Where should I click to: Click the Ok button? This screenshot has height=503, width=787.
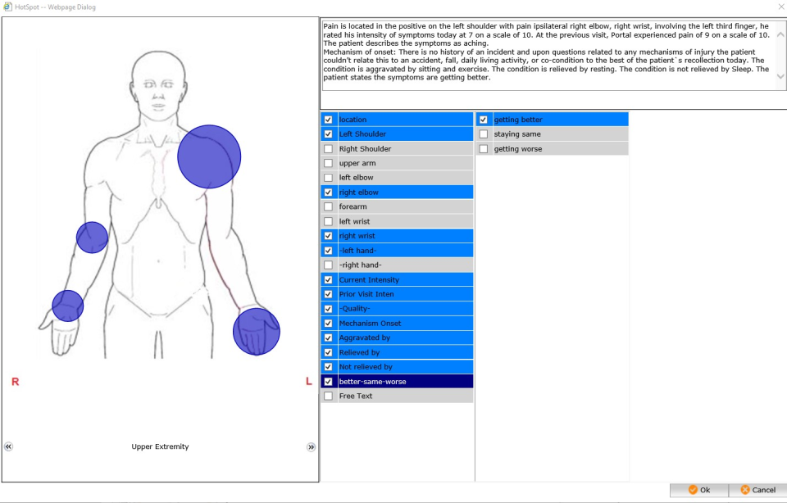tap(698, 490)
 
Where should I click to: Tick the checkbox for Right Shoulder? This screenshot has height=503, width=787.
tap(329, 149)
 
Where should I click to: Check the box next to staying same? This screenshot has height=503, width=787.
tap(484, 134)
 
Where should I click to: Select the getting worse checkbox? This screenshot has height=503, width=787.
tap(484, 149)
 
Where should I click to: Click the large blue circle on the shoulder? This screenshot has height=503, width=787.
tap(209, 156)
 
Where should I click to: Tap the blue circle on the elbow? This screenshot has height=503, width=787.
tap(92, 238)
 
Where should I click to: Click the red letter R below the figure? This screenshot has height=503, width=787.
tap(15, 382)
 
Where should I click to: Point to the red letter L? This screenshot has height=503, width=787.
tap(308, 382)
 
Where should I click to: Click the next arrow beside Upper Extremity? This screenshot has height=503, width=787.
tap(311, 447)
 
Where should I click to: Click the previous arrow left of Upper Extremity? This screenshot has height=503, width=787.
tap(8, 447)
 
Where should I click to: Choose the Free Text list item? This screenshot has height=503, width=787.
tap(356, 397)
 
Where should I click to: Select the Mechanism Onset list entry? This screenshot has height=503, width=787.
tap(370, 324)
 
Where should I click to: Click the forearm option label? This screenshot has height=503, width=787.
tap(353, 207)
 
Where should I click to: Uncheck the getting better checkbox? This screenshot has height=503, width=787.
tap(484, 120)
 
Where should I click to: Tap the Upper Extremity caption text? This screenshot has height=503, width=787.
tap(160, 447)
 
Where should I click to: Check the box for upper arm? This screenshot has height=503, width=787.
tap(329, 164)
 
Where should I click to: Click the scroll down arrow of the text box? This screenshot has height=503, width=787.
tap(780, 76)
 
